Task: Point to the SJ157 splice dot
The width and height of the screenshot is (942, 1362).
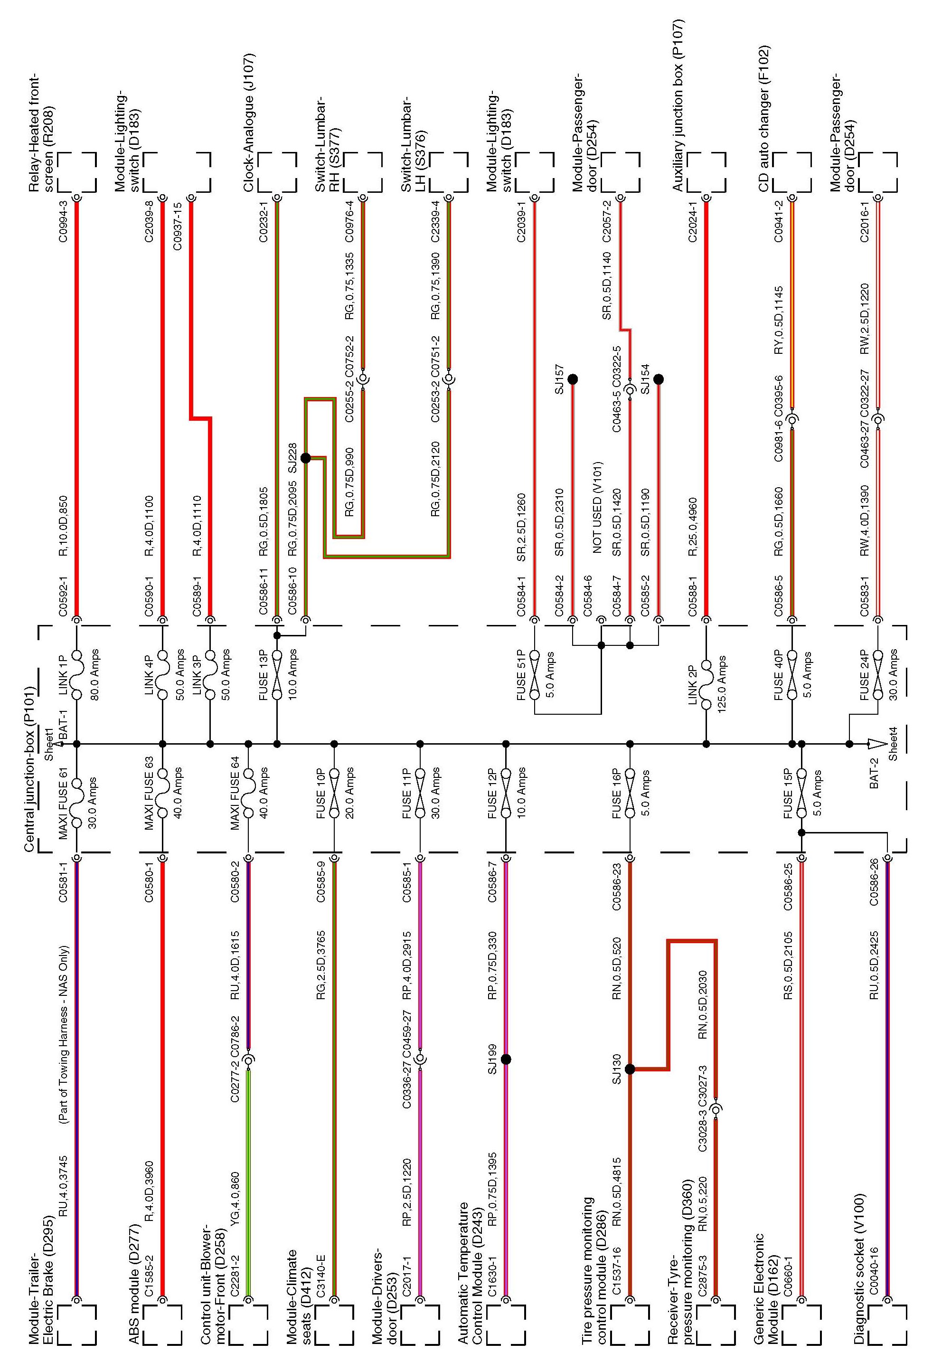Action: tap(572, 379)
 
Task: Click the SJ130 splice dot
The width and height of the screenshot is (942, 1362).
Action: tap(630, 1069)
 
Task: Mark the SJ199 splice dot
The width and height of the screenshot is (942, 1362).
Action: tap(505, 1059)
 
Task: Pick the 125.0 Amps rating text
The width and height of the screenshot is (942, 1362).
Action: tap(722, 679)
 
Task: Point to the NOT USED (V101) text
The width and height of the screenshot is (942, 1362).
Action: tap(597, 507)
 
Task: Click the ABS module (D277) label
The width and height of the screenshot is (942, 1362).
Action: tap(134, 1260)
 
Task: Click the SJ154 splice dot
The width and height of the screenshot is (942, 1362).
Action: tap(659, 379)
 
